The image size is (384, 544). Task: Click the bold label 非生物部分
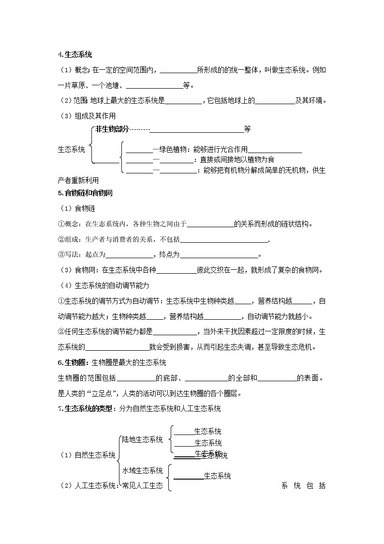pos(112,129)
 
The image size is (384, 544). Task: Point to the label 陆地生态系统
pos(142,439)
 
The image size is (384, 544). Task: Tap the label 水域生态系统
pos(142,470)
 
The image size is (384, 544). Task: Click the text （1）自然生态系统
pos(88,455)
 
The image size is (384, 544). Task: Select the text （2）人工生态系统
pos(89,485)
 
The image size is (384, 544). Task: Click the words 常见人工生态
pos(142,485)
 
